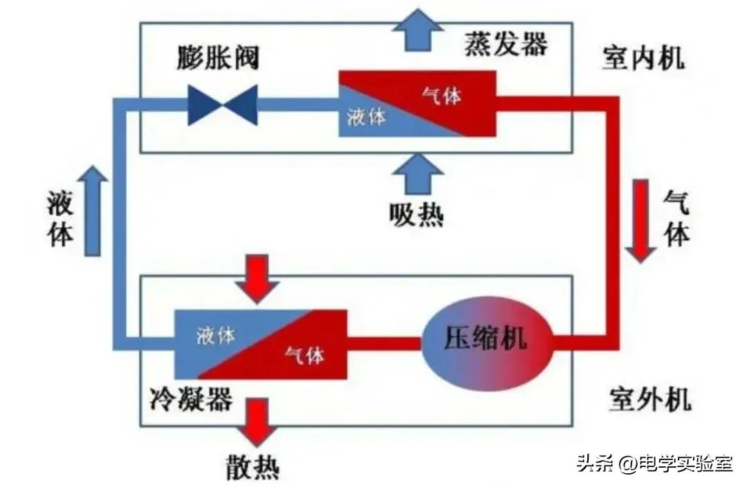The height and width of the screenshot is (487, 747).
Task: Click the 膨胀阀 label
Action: [x=216, y=58]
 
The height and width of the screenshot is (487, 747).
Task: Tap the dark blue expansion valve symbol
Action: [x=223, y=105]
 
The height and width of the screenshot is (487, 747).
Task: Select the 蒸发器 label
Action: [x=505, y=44]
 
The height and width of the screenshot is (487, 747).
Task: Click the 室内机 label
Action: [x=643, y=59]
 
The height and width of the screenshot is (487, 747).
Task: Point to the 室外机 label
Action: [x=650, y=399]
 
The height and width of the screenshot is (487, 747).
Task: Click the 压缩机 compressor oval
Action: [x=484, y=338]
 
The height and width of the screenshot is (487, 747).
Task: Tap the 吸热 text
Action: [x=416, y=216]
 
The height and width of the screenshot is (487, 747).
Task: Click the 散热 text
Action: [x=253, y=468]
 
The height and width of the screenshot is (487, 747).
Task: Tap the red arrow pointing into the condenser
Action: [x=257, y=278]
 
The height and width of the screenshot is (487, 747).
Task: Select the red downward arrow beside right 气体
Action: [x=641, y=220]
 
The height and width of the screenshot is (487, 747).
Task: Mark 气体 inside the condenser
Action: [x=304, y=356]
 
